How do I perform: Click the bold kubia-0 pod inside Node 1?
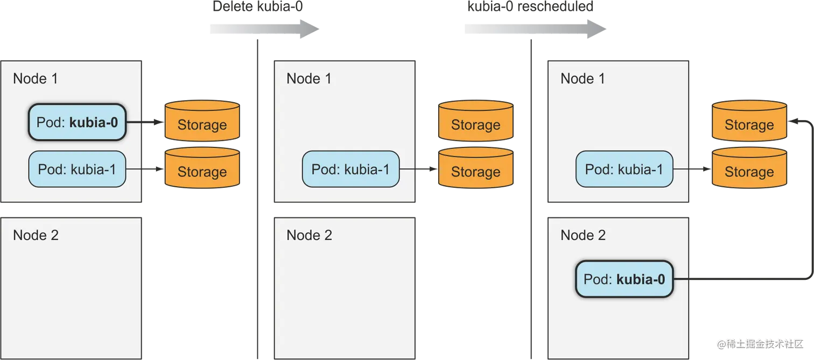click(77, 122)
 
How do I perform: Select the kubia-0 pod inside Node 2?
click(624, 279)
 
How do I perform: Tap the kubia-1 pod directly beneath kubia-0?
click(77, 169)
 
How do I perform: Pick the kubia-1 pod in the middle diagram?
click(350, 169)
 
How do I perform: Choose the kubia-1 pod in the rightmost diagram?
click(624, 169)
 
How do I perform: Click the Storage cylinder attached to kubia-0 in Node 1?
click(202, 121)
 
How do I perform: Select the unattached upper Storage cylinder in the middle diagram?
click(475, 121)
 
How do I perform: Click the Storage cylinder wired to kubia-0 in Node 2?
click(749, 121)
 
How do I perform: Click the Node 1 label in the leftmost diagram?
click(36, 79)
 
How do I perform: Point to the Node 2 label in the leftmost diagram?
click(36, 235)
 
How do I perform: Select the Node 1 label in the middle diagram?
click(309, 79)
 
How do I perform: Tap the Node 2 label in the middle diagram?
click(309, 235)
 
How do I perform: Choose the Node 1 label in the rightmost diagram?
click(583, 79)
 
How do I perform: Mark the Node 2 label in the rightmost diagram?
click(583, 235)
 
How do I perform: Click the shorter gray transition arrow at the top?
click(264, 30)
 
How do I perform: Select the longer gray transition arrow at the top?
click(535, 30)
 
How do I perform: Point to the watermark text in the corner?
click(760, 343)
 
